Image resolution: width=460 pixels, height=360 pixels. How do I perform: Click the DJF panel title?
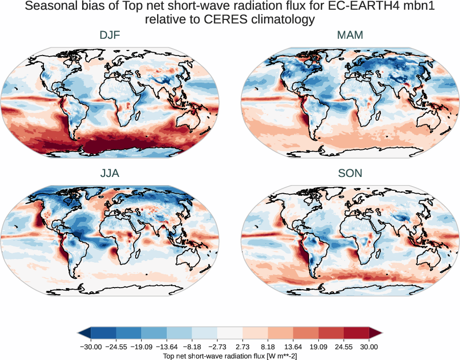(110, 36)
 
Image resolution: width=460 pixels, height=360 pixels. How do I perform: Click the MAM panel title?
(350, 36)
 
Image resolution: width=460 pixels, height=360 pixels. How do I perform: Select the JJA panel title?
(110, 173)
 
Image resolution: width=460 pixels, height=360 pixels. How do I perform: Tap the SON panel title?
(350, 173)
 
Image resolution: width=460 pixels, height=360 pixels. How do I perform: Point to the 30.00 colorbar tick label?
(369, 347)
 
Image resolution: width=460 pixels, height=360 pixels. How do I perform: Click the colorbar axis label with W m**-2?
(230, 355)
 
